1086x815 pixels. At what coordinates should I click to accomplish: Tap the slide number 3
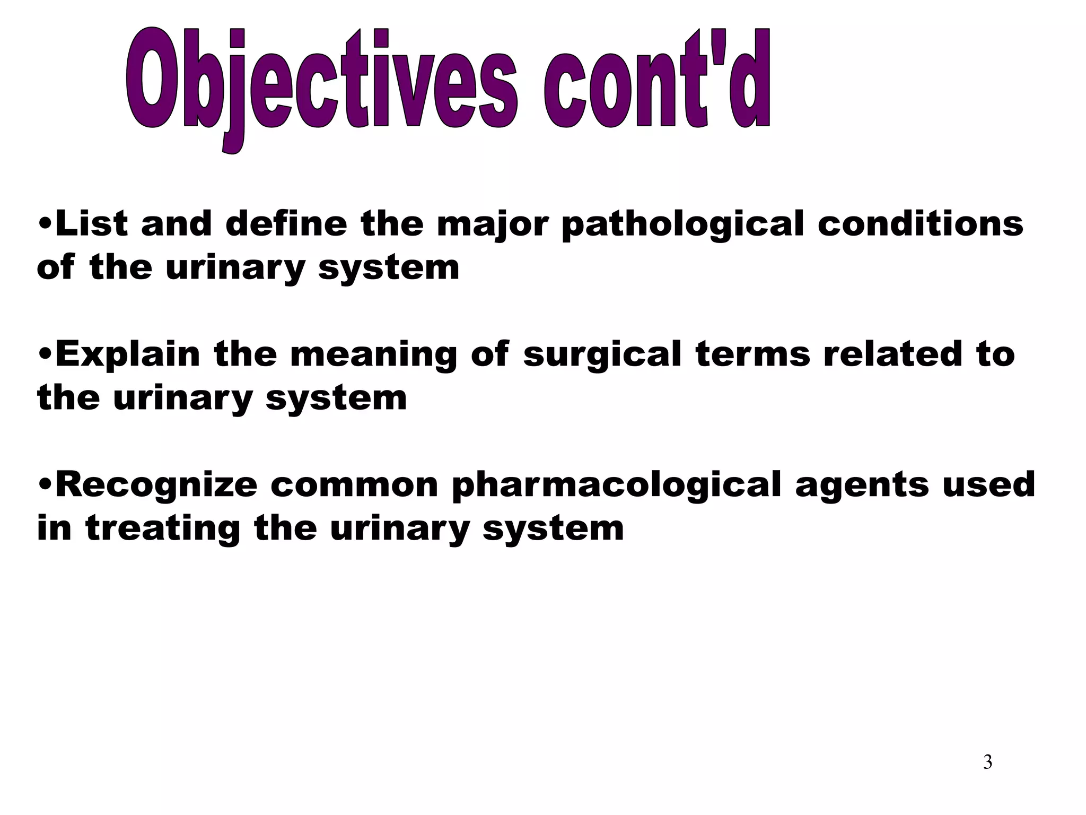point(987,762)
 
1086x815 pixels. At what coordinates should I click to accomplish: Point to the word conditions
point(920,223)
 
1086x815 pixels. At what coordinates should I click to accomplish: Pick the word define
point(286,223)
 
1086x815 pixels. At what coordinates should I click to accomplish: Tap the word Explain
point(127,354)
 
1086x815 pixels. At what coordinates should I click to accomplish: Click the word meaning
point(373,354)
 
